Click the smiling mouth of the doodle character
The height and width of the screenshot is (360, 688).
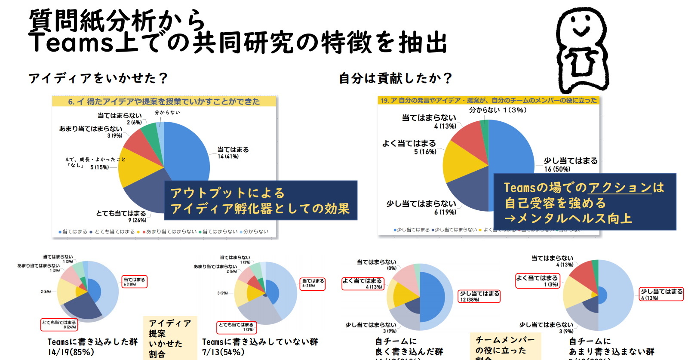coord(581,31)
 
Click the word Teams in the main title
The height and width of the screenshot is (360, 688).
coord(71,43)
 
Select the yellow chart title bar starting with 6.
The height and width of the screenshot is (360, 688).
coord(164,102)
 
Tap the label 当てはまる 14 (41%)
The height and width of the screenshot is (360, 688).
coord(233,153)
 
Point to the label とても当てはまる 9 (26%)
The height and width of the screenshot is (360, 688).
coord(121,216)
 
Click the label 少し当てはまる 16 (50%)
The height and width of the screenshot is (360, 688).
coord(571,164)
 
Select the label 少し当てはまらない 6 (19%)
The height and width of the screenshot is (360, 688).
coord(421,207)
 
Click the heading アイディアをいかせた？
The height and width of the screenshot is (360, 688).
coord(98,78)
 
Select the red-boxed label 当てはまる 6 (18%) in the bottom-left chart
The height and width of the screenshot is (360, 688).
coord(135,282)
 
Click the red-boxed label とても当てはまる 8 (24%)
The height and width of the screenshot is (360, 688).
coord(59,325)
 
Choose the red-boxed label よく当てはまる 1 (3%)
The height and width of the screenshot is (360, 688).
coord(537,281)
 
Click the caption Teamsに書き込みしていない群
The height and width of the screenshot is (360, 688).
coord(260,342)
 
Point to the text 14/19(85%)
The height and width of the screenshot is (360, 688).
coord(71,352)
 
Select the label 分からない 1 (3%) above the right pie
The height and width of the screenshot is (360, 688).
coord(498,110)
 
